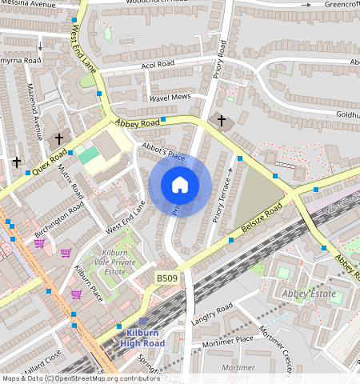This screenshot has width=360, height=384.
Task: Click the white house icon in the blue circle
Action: (180, 186)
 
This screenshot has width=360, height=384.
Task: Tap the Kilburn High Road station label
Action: (142, 337)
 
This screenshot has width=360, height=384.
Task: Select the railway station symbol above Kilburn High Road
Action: (142, 321)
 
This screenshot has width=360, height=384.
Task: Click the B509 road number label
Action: (166, 276)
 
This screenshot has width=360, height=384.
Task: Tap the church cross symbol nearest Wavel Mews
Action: (222, 121)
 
